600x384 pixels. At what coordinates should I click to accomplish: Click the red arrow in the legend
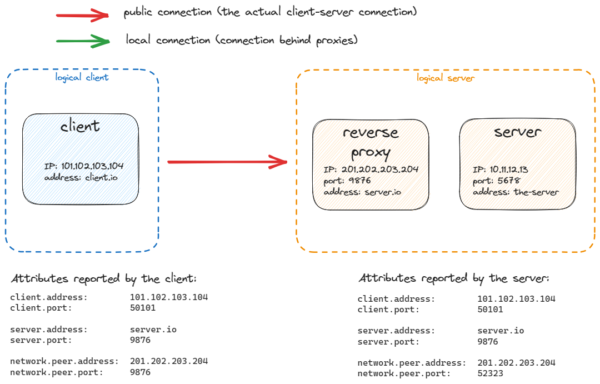pos(82,16)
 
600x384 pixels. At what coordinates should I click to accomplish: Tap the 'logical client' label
pos(82,77)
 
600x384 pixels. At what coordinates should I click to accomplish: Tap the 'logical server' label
pos(446,78)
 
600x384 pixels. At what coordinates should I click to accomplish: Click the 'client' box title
pos(81,126)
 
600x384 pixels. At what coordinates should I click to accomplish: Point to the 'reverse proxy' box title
pos(371,142)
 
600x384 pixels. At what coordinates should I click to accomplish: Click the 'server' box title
pos(517,132)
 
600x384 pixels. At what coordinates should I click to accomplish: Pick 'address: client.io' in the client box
pos(81,177)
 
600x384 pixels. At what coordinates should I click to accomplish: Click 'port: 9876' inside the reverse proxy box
pos(347,181)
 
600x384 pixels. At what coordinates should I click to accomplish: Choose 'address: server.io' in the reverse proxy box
pos(362,192)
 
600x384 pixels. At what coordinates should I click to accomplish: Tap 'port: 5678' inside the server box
pos(497,181)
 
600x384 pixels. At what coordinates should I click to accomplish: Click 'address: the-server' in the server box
pos(516,192)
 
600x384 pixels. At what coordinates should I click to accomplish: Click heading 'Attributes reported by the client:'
pos(104,278)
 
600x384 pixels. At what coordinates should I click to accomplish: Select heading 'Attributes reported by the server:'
pos(454,278)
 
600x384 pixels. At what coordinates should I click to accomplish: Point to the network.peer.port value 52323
pos(490,373)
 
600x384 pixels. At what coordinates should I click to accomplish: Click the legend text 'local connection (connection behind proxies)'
pos(242,41)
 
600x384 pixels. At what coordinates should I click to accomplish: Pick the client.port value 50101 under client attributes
pos(143,308)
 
